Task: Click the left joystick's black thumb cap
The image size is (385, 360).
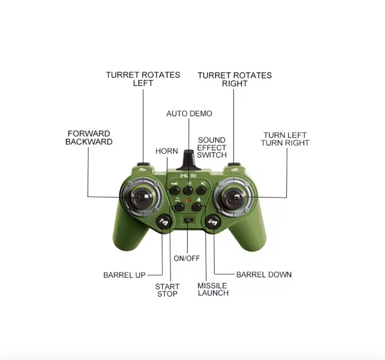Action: [x=142, y=197]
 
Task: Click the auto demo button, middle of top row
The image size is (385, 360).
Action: [x=188, y=190]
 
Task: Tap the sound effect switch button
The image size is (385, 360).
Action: [x=201, y=190]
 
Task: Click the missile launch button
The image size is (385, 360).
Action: [x=196, y=207]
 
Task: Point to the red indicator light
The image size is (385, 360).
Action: [x=188, y=200]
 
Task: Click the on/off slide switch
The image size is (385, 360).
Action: [x=188, y=220]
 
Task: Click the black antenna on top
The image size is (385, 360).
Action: [x=188, y=160]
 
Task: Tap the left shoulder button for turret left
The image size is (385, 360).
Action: [x=143, y=164]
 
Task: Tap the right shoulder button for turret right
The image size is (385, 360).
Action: [x=234, y=164]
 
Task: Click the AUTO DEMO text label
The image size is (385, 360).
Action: [x=189, y=113]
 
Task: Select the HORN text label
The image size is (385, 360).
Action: [x=167, y=151]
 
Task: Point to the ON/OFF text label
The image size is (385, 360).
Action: [x=187, y=258]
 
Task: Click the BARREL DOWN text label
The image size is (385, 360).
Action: [x=264, y=275]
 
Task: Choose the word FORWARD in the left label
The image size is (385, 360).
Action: [x=89, y=134]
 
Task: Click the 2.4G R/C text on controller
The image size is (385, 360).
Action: [x=188, y=175]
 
